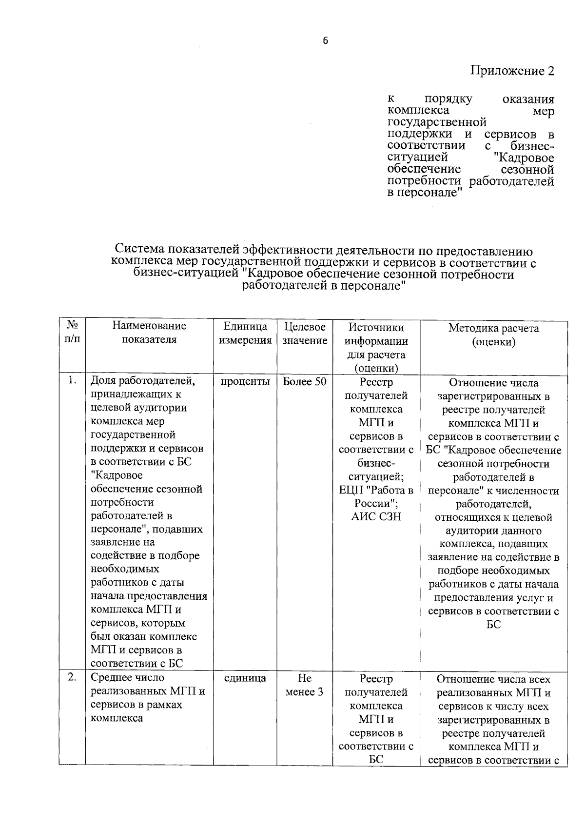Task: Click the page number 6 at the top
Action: tap(325, 41)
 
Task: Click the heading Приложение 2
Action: tap(512, 71)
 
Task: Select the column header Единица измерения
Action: tap(245, 334)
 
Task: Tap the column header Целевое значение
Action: tap(304, 334)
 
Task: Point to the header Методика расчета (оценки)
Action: tap(493, 335)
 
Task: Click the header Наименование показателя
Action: tap(149, 333)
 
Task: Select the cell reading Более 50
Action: tap(305, 382)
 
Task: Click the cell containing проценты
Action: tap(245, 382)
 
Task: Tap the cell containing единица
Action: tap(245, 678)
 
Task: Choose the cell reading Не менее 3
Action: tap(304, 685)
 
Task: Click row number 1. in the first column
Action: tap(72, 381)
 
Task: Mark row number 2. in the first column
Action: tap(72, 677)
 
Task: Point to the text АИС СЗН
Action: tap(376, 517)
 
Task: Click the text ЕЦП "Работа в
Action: tap(376, 490)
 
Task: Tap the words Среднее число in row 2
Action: tap(128, 678)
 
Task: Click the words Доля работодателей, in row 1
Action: tap(143, 381)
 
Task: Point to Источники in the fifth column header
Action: tap(376, 328)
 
